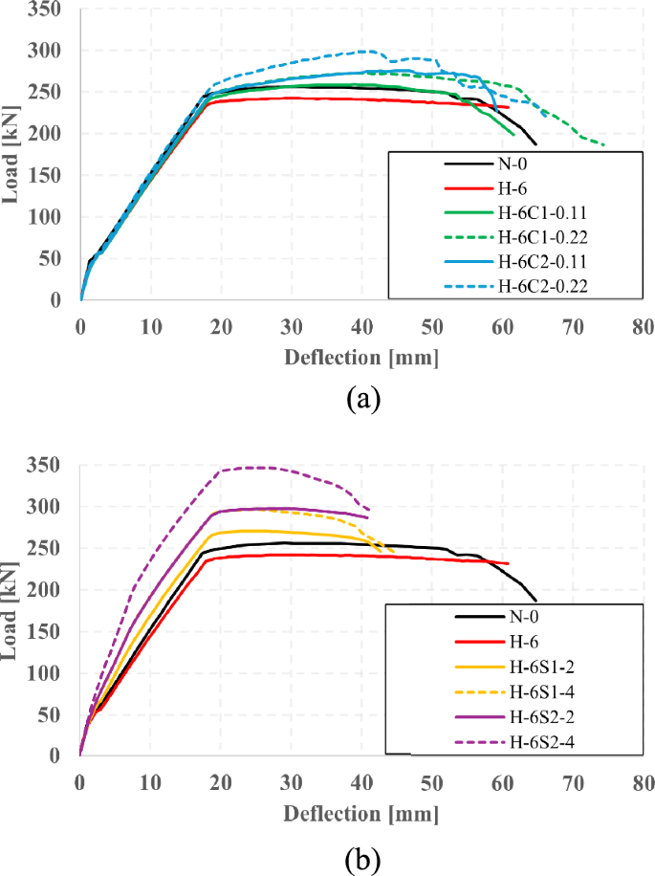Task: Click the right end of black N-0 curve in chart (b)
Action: (x=536, y=602)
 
